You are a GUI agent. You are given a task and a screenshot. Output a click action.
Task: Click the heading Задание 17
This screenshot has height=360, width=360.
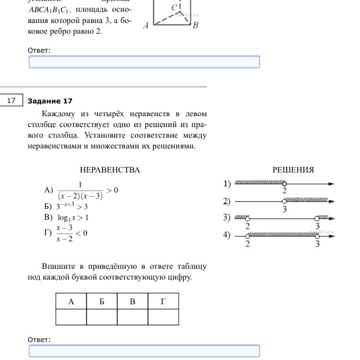[50, 101]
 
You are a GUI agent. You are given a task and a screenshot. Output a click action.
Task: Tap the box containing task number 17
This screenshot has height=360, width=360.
[12, 100]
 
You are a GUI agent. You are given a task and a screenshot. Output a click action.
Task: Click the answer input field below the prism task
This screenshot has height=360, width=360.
[144, 62]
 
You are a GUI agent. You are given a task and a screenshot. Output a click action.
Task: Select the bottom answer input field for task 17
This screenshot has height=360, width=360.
[144, 351]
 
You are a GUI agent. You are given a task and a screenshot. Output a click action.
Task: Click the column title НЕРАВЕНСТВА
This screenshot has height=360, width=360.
[110, 170]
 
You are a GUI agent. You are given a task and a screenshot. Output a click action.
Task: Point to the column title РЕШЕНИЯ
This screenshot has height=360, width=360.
[293, 170]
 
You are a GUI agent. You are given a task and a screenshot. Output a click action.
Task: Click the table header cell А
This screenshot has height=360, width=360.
[71, 301]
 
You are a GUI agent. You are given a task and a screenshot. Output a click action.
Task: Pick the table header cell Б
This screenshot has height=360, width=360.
[102, 301]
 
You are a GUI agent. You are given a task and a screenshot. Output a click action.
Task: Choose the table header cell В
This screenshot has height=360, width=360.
[132, 301]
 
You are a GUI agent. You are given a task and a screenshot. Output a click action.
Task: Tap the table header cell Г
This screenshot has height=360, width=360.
[163, 301]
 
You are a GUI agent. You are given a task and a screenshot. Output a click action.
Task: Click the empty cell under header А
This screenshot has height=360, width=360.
[71, 317]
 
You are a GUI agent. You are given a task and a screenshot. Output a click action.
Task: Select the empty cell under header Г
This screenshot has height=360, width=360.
[163, 317]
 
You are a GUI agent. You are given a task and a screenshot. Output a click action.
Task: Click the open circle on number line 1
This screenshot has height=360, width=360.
[285, 184]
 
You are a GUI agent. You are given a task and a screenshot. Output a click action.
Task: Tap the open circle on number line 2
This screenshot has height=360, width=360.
[285, 202]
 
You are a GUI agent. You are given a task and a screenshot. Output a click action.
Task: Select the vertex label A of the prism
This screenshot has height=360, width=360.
[145, 25]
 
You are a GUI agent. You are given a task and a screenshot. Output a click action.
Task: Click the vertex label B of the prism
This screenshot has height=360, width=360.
[195, 25]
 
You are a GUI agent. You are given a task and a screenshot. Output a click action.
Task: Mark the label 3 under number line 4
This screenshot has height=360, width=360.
[317, 244]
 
